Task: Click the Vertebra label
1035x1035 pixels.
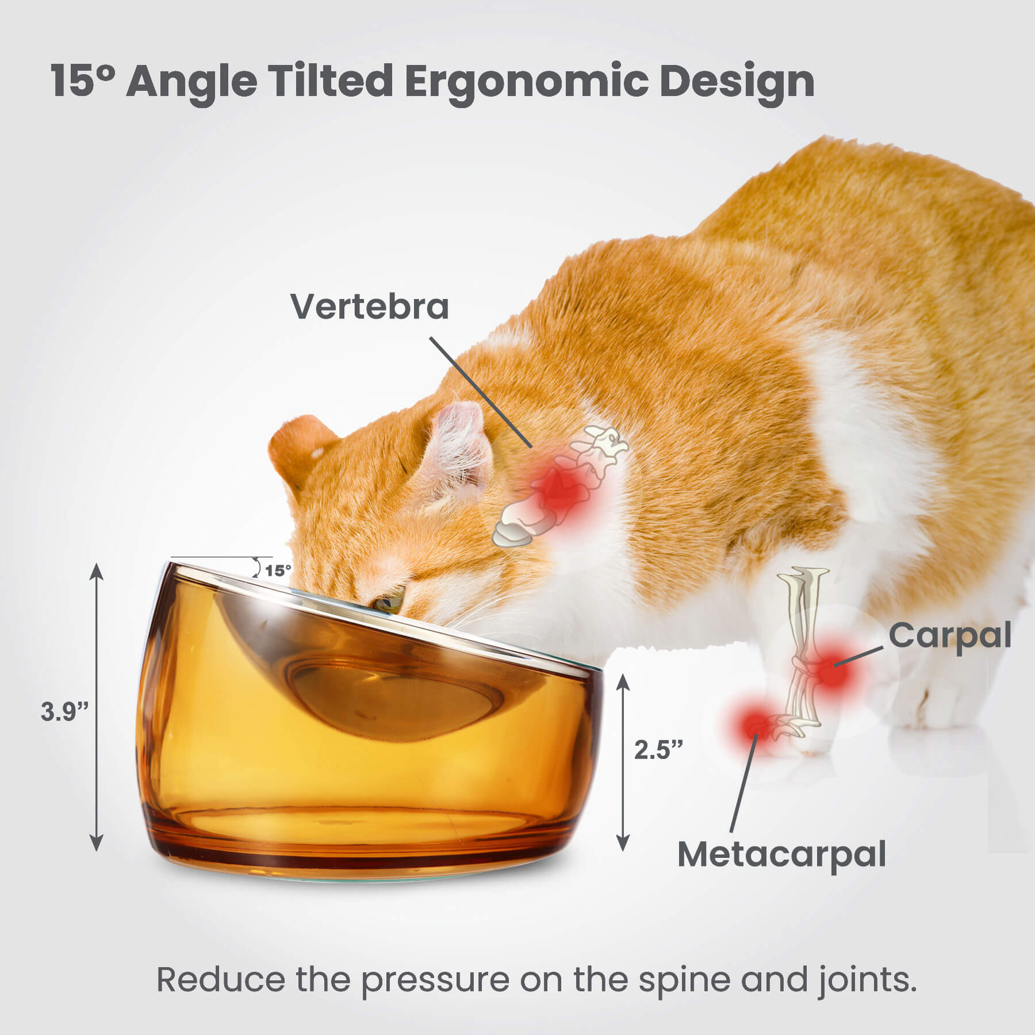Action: pos(370,306)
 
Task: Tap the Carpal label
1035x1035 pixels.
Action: pos(949,636)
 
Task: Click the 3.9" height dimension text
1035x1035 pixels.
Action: pos(64,711)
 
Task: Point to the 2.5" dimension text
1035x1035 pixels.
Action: pos(659,749)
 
